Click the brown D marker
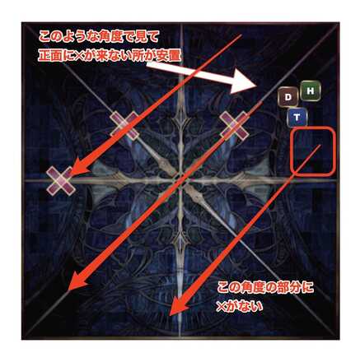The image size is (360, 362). coord(288,97)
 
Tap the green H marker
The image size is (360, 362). coord(311,90)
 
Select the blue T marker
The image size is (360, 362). coord(297,118)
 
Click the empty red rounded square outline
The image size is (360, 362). coord(313,152)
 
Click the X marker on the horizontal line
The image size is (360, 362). coord(61,181)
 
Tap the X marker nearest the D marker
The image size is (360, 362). coord(235,125)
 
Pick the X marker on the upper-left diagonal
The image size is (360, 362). coord(124,125)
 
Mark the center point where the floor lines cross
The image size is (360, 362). coord(180,180)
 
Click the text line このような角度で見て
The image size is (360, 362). coord(99,36)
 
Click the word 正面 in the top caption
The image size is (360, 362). coord(49,56)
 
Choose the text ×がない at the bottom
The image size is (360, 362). coord(240,306)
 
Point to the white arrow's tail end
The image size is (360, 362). coord(147,65)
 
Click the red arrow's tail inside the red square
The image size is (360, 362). coord(320,146)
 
